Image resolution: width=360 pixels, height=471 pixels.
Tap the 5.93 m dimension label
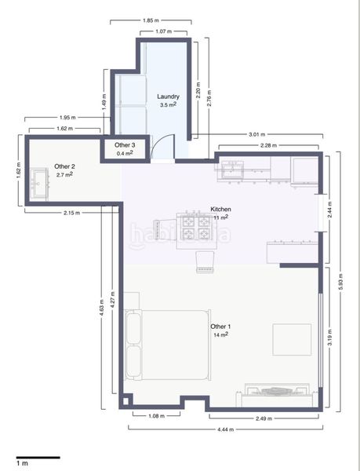click(340, 282)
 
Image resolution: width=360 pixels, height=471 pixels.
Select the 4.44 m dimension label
click(226, 429)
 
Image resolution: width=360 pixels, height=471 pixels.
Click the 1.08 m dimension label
click(156, 416)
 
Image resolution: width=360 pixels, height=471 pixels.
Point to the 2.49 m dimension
click(264, 418)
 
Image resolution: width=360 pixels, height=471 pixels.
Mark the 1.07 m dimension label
click(163, 31)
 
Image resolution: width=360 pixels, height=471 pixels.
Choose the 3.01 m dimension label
click(257, 134)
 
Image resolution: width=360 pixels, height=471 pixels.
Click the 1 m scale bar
click(38, 458)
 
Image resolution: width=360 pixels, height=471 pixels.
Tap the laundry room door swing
click(162, 145)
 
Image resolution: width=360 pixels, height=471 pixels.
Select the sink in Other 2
click(39, 184)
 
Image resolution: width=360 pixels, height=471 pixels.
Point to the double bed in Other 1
click(167, 345)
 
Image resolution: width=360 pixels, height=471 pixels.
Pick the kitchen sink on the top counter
click(232, 170)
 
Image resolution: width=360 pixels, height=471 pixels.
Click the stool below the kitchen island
click(205, 262)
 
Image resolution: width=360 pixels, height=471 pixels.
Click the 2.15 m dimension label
click(71, 213)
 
